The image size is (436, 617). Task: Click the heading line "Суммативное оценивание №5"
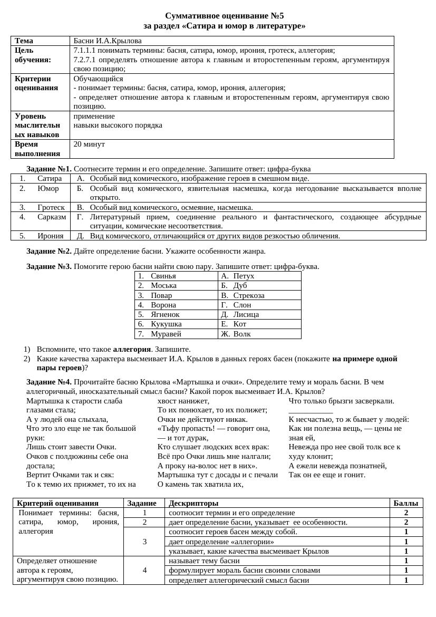click(x=224, y=16)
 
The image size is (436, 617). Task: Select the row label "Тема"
click(x=24, y=41)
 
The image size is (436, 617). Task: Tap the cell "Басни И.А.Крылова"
click(x=108, y=41)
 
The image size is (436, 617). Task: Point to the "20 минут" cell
click(x=89, y=144)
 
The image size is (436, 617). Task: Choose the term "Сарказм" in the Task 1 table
click(x=52, y=217)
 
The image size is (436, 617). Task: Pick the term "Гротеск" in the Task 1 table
click(x=51, y=207)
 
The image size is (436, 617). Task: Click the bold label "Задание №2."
click(x=49, y=251)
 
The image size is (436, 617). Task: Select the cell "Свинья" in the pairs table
click(x=163, y=276)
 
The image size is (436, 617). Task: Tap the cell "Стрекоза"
click(x=249, y=295)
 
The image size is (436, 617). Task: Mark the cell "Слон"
click(x=242, y=305)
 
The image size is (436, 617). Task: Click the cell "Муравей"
click(x=166, y=334)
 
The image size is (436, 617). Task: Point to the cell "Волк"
click(x=242, y=334)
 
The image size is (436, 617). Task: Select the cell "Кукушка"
click(x=166, y=324)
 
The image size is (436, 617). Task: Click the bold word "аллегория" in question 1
click(x=132, y=349)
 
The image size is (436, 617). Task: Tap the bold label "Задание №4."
click(x=49, y=382)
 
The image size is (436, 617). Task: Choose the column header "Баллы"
click(x=406, y=503)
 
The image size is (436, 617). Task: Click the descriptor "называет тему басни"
click(x=204, y=561)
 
